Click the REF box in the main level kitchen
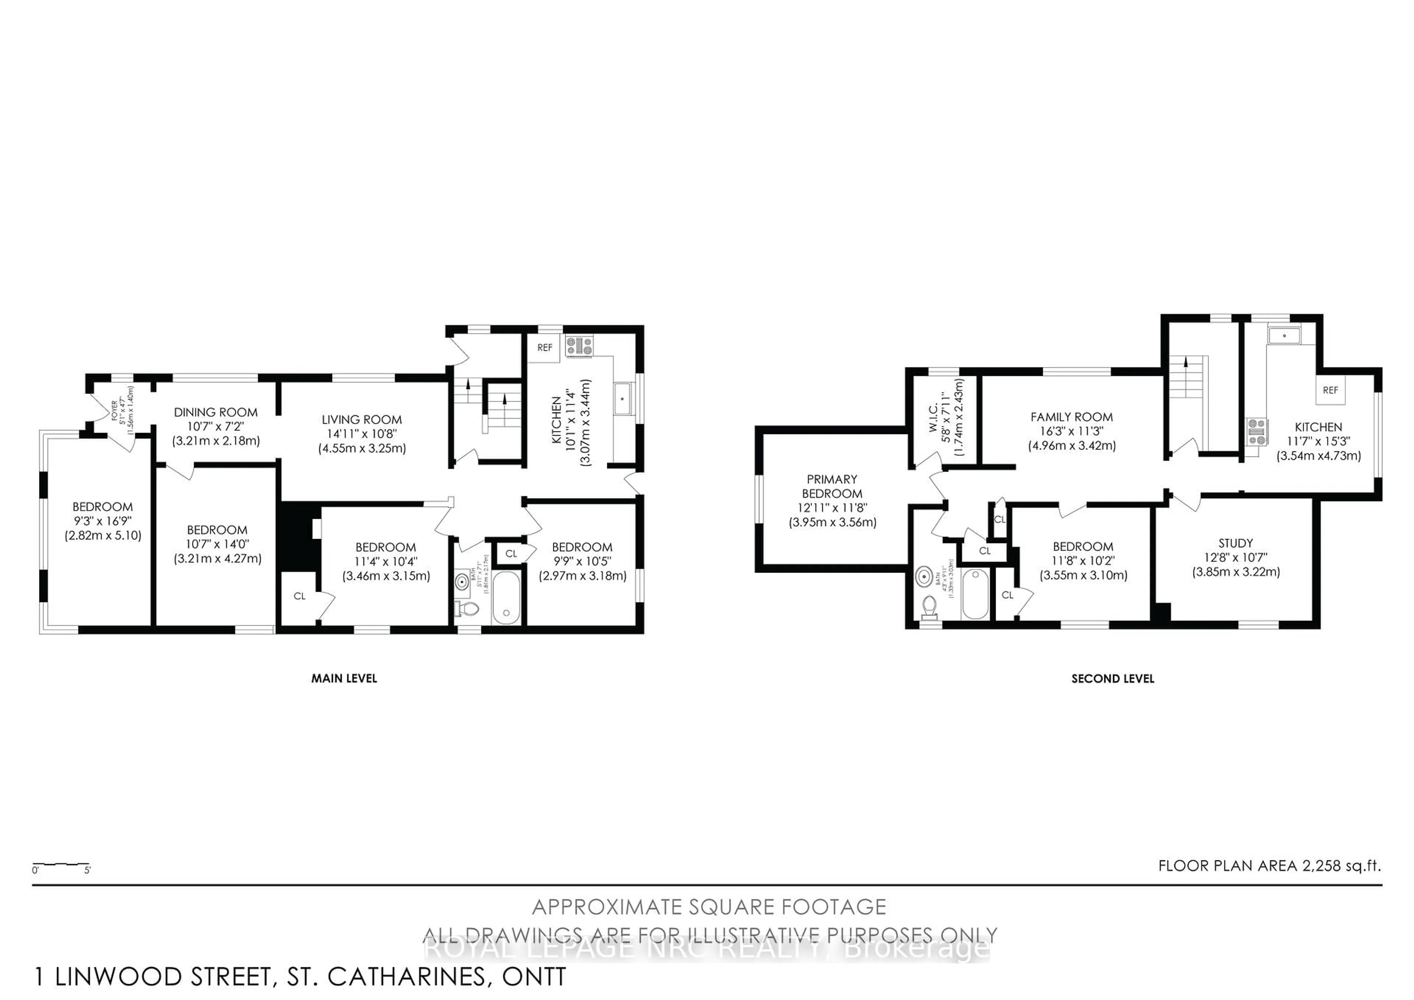pos(544,347)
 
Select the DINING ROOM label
pos(215,412)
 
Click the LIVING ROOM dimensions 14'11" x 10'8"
pos(362,434)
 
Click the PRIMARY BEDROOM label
pos(832,486)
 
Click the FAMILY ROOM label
pos(1072,417)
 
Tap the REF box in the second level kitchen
pos(1330,390)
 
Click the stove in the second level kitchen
pos(1256,431)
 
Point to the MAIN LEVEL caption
pos(344,678)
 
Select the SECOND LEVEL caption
pos(1112,678)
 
